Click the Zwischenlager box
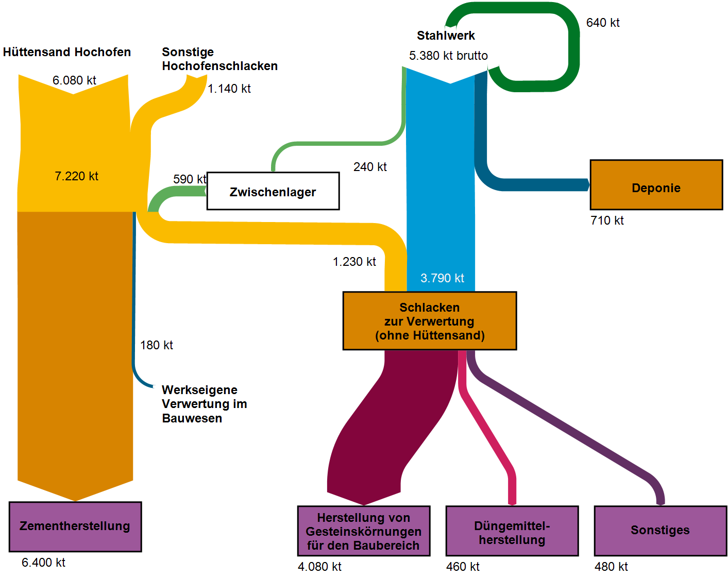tap(273, 191)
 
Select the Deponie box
tap(656, 185)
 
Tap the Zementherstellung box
tap(75, 526)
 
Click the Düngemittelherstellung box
tap(512, 531)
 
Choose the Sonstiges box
tap(660, 531)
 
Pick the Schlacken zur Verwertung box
tap(430, 321)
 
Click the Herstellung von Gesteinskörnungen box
tap(364, 531)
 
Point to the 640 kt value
tap(603, 23)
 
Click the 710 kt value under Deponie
tap(607, 220)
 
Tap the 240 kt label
tap(370, 167)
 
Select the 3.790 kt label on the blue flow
tap(442, 278)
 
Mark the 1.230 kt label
tap(354, 262)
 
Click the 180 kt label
tap(157, 345)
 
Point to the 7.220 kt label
tap(76, 176)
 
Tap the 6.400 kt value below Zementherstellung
tap(43, 563)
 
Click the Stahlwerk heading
tap(446, 36)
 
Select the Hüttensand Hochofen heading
tap(67, 52)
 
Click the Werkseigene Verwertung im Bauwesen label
tap(204, 404)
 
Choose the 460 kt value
tap(463, 567)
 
